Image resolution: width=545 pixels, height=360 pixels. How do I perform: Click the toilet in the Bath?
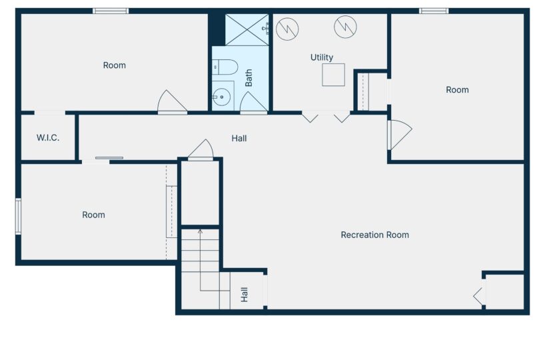225,67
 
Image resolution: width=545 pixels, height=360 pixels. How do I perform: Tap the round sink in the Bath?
222,97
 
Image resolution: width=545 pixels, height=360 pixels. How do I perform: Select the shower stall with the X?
247,29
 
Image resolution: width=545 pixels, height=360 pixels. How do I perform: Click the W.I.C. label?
48,138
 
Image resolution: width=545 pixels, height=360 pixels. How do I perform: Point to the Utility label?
322,57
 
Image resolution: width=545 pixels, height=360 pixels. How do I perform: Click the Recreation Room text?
374,235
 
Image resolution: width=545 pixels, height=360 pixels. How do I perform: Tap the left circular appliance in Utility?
287,29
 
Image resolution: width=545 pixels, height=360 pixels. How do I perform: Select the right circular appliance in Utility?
346,27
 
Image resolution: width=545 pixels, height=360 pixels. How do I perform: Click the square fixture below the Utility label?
333,75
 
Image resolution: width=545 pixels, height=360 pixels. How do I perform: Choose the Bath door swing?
253,102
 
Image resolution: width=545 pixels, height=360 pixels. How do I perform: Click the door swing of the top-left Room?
172,101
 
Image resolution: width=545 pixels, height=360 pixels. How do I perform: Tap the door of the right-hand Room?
400,135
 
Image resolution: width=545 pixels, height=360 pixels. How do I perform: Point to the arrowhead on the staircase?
200,231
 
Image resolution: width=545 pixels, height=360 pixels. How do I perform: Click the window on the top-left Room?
111,11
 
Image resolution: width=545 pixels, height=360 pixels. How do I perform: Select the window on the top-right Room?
434,11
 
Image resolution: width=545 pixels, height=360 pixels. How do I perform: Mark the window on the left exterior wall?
18,216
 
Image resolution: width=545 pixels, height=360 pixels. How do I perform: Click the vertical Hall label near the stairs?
245,294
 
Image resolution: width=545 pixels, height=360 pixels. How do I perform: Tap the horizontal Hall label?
239,139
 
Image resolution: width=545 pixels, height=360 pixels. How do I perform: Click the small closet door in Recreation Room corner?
478,296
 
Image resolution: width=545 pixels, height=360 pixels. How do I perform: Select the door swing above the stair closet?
201,149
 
